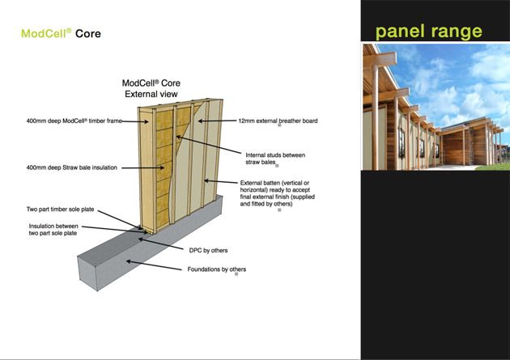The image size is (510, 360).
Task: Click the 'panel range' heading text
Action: (429, 32)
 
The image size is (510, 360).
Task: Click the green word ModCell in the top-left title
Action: (44, 33)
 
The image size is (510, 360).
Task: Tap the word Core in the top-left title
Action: (88, 33)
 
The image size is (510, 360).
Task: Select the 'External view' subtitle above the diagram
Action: (151, 94)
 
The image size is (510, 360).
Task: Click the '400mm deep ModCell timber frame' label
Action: (74, 121)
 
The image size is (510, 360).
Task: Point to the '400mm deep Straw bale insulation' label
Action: (71, 167)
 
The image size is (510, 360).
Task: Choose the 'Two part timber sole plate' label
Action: (60, 210)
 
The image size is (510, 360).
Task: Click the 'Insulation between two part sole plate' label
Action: (53, 230)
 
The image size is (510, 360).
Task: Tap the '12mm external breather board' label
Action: (278, 121)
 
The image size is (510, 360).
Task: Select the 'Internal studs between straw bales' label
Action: (275, 159)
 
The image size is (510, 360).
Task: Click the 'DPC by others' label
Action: (208, 251)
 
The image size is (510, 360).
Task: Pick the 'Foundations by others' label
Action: (217, 269)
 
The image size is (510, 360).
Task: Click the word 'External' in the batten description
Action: (251, 183)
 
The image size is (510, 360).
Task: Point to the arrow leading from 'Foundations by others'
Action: (154, 265)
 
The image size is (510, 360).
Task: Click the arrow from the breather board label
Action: (217, 121)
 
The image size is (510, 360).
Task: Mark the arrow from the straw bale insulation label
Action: (142, 167)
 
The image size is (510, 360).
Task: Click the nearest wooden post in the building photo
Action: (375, 117)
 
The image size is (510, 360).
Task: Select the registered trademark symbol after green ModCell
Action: (69, 31)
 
